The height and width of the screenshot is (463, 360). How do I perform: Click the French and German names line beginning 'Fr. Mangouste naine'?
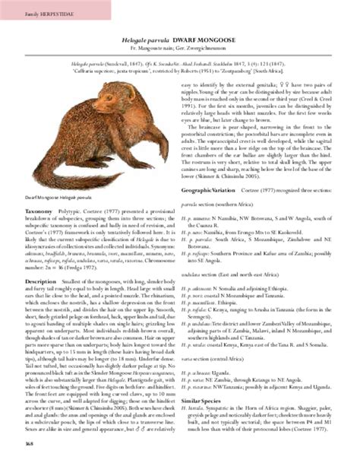[x=179, y=47]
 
